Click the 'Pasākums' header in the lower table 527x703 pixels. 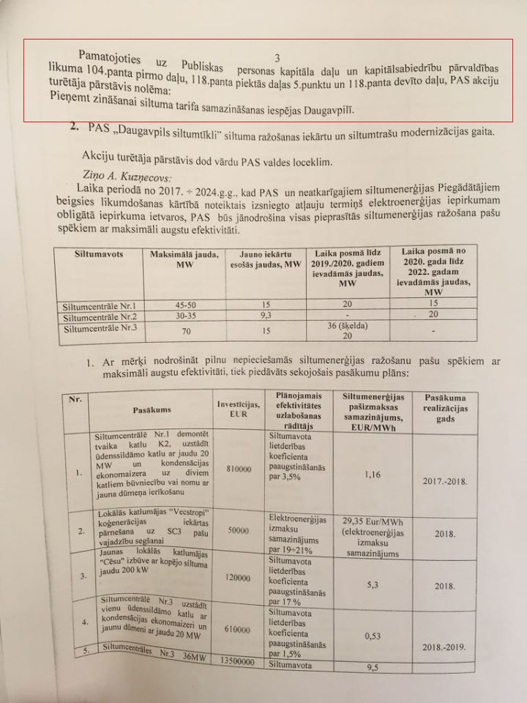pos(152,409)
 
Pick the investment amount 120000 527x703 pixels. pos(238,577)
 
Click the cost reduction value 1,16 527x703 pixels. pos(373,474)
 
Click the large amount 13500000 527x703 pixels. pos(236,661)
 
